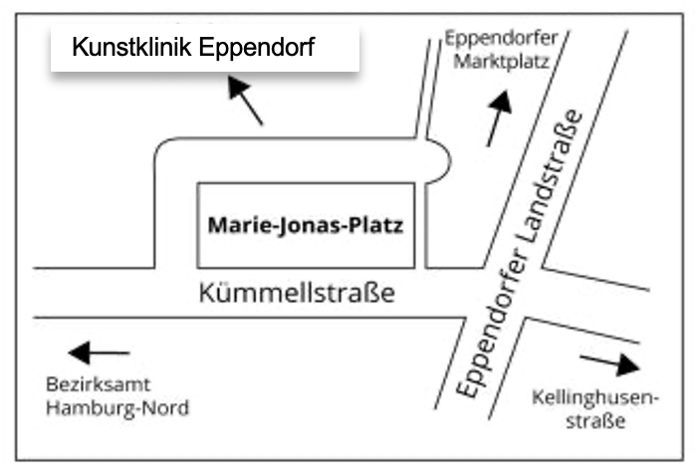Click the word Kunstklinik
point(125,48)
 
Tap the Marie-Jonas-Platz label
point(306,225)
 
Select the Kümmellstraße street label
point(297,293)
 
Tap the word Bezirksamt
point(93,386)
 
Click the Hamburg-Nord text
point(117,407)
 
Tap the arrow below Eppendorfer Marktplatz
point(498,118)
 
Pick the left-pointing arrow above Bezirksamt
point(99,353)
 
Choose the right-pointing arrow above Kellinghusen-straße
point(608,362)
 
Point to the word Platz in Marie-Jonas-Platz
point(378,225)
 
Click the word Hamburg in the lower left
point(90,407)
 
